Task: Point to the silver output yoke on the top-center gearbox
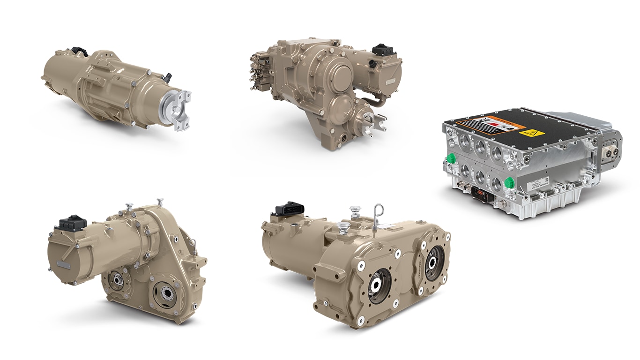coord(375,122)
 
